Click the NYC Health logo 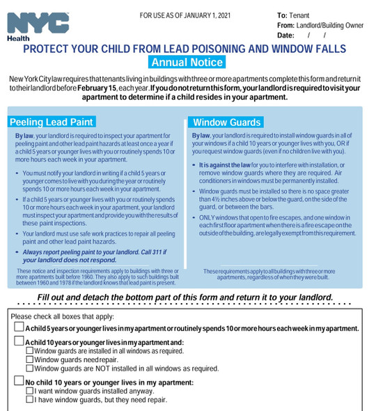(38, 25)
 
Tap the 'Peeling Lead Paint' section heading (52, 122)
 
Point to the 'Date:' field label (286, 35)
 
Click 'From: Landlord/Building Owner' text (320, 25)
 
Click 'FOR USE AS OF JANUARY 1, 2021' (184, 15)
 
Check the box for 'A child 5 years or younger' (18, 327)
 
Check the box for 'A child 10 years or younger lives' (18, 342)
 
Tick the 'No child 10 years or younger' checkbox (18, 382)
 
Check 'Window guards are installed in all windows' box (29, 351)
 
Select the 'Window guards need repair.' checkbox (29, 360)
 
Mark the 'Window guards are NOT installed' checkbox (29, 369)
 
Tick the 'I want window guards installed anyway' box (29, 391)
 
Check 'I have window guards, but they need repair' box (29, 400)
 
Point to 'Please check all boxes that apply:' (67, 316)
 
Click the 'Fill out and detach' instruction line (185, 297)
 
